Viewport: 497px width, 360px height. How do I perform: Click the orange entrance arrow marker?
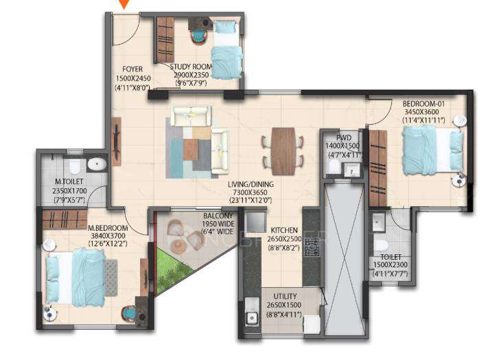click(124, 5)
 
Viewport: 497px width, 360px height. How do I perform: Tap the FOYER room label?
click(132, 69)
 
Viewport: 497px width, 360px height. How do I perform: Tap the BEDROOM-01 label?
click(424, 103)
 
